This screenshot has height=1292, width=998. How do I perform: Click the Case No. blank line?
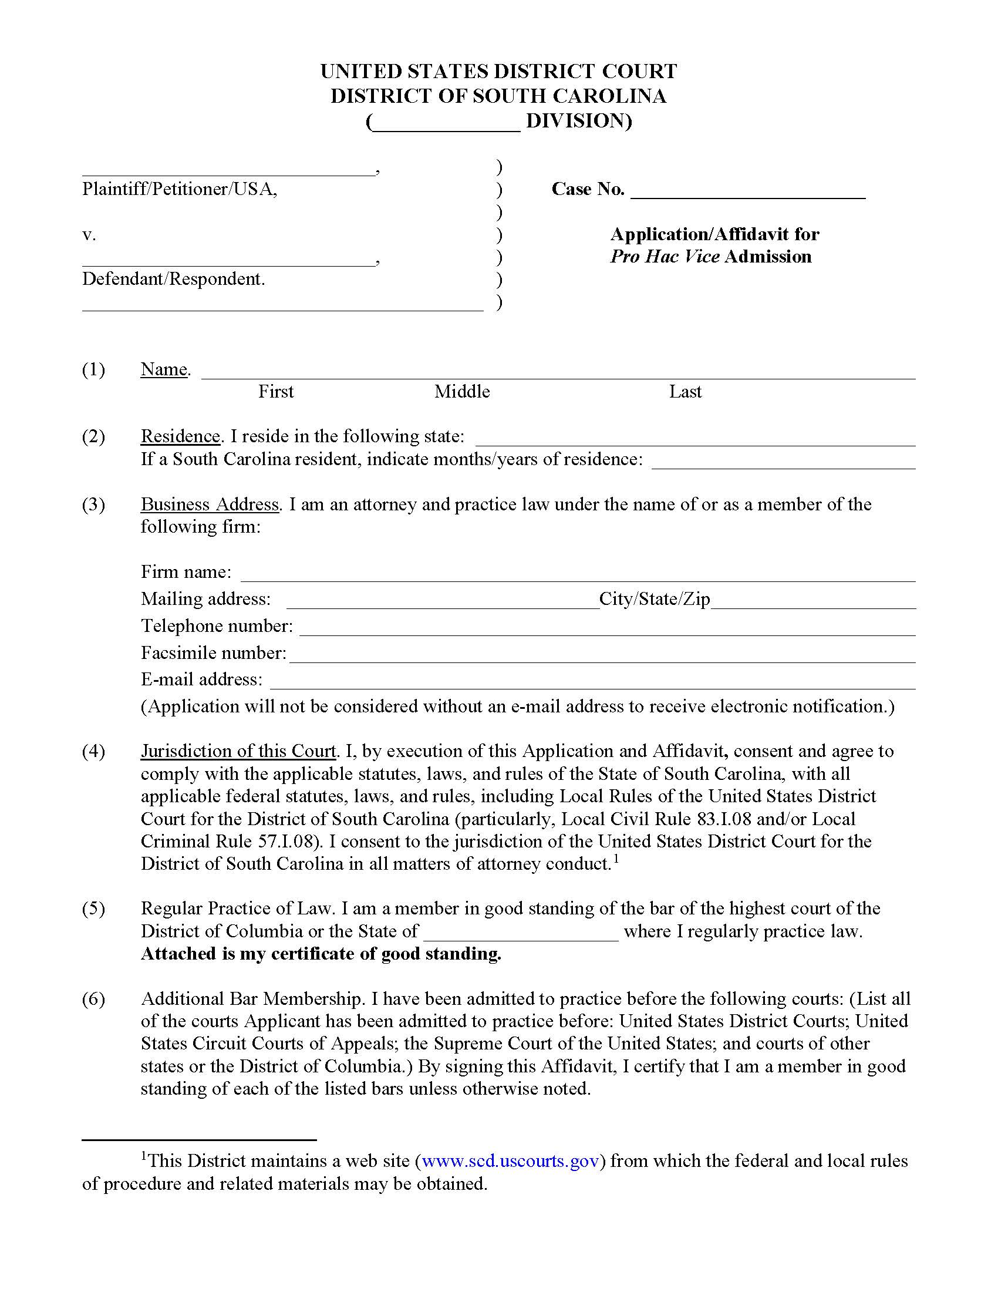pos(748,190)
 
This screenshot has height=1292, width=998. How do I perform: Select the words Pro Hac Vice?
pos(665,256)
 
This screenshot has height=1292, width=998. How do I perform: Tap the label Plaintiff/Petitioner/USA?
pos(179,189)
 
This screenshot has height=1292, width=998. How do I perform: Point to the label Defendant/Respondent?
pos(173,278)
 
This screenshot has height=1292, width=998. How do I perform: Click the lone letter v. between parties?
pos(89,235)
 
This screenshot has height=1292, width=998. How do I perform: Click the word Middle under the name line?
pos(462,391)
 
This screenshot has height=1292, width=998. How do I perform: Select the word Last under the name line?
pos(685,391)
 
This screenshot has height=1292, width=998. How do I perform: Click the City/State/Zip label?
pos(654,598)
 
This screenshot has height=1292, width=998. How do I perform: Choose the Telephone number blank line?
pos(606,628)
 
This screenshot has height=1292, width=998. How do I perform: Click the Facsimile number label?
pos(213,652)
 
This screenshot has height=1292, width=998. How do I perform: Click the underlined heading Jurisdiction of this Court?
pos(238,751)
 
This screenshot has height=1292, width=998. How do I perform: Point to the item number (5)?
pos(93,908)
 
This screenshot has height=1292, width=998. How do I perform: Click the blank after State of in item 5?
pos(521,933)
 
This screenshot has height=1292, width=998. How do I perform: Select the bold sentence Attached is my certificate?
pos(321,954)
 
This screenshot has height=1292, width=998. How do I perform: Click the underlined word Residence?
pos(180,436)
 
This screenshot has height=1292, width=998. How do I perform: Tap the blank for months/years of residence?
pos(783,461)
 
